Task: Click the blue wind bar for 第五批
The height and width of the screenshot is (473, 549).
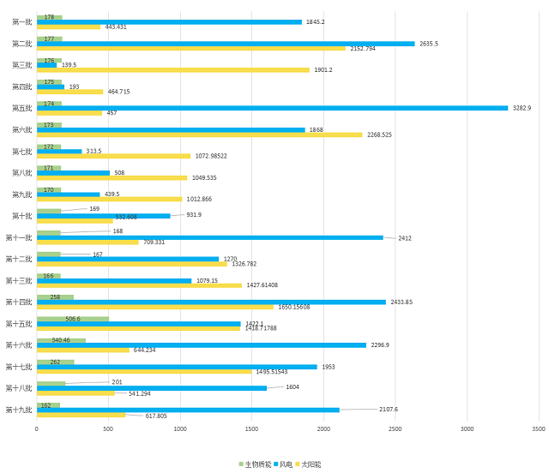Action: tap(272, 108)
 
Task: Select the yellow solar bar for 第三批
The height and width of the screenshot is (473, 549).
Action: tap(172, 70)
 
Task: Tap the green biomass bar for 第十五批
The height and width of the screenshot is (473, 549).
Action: tap(72, 319)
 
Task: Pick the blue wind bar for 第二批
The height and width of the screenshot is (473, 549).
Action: tap(226, 44)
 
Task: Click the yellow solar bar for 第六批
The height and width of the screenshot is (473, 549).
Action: tap(199, 135)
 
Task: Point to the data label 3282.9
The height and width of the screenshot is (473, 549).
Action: tap(522, 108)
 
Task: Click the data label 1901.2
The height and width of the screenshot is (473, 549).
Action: tap(323, 70)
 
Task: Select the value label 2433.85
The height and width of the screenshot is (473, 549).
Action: tap(401, 302)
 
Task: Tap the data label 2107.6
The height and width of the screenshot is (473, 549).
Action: tap(389, 409)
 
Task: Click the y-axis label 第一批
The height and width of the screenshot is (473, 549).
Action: tap(21, 22)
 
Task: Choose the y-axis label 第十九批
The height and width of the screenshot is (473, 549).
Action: tap(19, 410)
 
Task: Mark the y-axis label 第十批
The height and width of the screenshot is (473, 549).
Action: tap(21, 216)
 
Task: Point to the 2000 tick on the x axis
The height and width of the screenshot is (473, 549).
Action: tap(323, 428)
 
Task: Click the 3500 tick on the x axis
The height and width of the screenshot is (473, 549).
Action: tap(538, 428)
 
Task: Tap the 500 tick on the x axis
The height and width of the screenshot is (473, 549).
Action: tap(108, 428)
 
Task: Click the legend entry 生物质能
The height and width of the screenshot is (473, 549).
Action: tap(255, 464)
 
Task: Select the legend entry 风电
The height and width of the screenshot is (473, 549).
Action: tap(283, 464)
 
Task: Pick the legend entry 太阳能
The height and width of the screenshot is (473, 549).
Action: tap(308, 464)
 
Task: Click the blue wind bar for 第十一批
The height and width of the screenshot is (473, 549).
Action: tap(210, 237)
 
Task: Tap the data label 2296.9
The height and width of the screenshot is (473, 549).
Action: tap(380, 345)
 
